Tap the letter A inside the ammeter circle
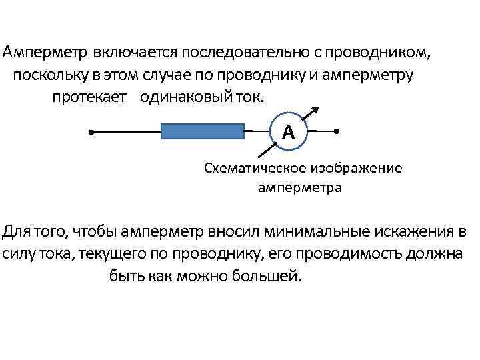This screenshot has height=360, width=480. (x=288, y=132)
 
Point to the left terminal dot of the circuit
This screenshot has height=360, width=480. (x=91, y=132)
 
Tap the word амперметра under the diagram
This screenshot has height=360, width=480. (x=299, y=187)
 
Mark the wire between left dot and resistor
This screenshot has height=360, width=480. (x=127, y=132)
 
